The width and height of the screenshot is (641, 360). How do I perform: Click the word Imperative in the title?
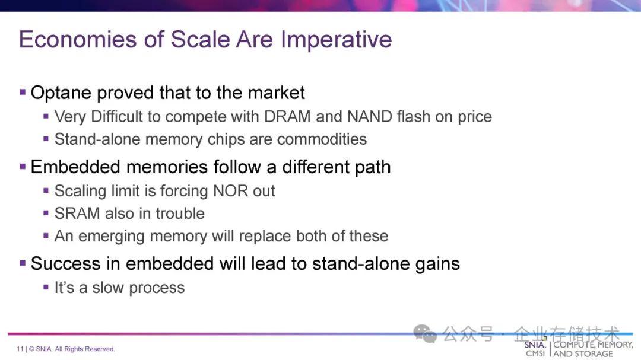[336, 40]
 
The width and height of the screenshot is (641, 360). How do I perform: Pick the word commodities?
[322, 139]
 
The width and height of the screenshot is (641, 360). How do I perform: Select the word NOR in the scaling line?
[230, 191]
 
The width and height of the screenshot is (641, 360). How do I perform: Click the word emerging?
[111, 237]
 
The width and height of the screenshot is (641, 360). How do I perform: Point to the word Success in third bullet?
[65, 263]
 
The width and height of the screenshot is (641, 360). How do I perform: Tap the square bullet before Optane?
[23, 92]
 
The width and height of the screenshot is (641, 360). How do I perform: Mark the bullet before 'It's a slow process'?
[46, 287]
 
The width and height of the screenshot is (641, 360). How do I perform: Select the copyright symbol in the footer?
[31, 349]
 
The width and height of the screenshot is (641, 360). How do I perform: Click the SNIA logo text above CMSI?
[535, 345]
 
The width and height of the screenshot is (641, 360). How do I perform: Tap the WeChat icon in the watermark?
[425, 334]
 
